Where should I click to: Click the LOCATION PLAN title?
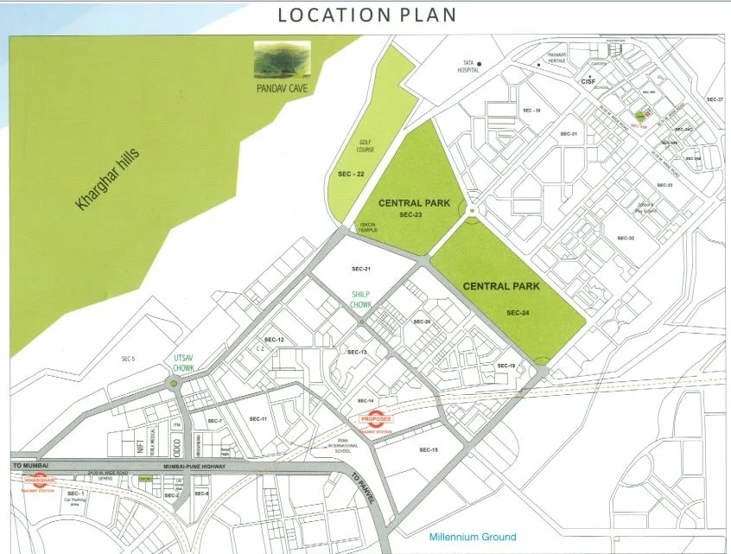tap(365, 16)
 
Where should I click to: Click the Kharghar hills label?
tap(108, 180)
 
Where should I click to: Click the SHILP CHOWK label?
tap(361, 300)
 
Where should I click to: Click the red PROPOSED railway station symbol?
tap(376, 419)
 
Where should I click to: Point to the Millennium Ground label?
tap(473, 537)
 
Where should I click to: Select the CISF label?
tap(589, 81)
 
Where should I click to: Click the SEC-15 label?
tap(429, 449)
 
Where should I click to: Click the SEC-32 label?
tap(626, 238)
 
